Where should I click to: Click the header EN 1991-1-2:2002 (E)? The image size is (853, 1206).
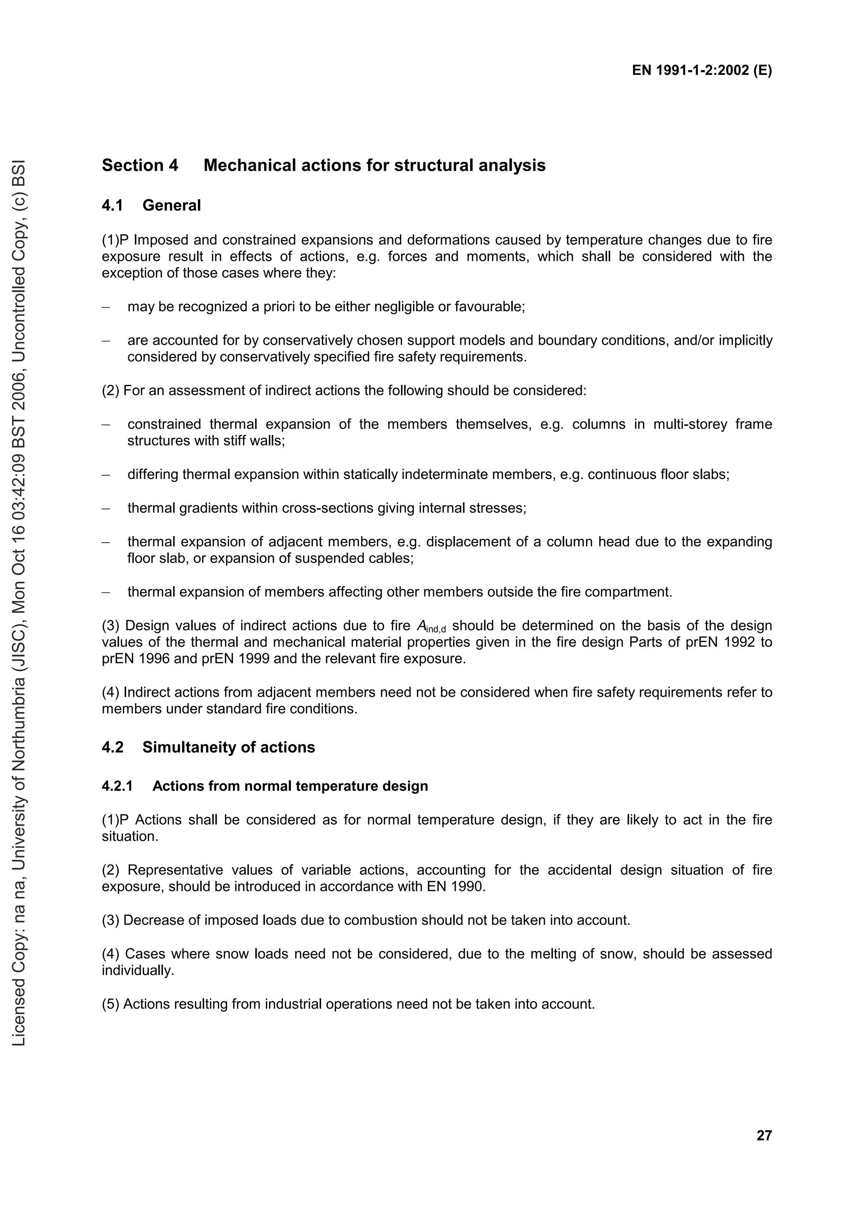[702, 71]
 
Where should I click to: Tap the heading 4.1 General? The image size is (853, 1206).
[151, 206]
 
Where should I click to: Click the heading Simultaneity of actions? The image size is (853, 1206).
[228, 747]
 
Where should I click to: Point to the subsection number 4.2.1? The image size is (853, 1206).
[117, 787]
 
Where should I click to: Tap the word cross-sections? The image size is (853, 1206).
[328, 508]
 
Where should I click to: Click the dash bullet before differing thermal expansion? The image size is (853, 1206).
[106, 475]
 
